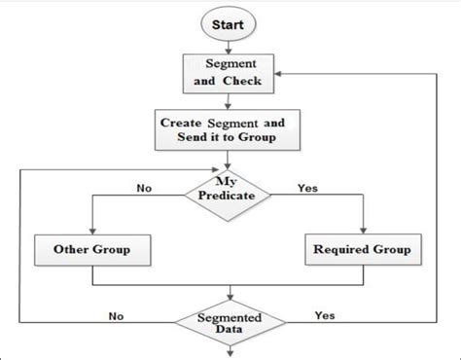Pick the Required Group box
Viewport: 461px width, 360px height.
(361, 250)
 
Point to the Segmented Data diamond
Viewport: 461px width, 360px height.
(230, 322)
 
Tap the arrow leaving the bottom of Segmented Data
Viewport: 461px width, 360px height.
(230, 351)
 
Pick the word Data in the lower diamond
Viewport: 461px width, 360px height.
(230, 330)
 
